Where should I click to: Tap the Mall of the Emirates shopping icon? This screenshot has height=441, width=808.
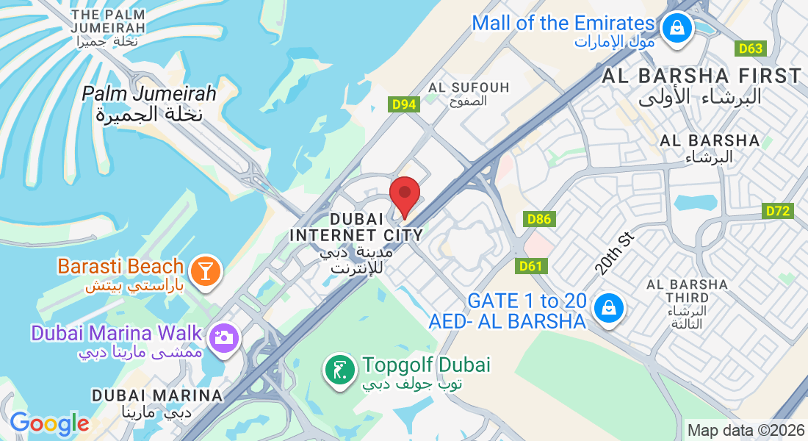tap(674, 29)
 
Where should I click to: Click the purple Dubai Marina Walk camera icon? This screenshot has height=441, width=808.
tap(223, 337)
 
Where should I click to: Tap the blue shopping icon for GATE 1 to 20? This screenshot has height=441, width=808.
tap(609, 308)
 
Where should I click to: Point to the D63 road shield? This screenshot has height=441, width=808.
tap(751, 49)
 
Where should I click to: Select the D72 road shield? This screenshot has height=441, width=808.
tap(779, 212)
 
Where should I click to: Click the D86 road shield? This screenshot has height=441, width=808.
tap(539, 219)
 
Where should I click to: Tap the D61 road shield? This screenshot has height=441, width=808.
tap(533, 265)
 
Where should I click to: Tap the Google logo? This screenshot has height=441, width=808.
tap(49, 424)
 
